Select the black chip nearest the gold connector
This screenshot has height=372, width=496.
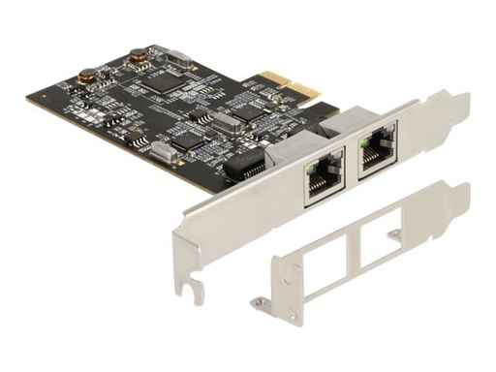point(250,113)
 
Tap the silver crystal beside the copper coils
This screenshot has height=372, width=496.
point(175,57)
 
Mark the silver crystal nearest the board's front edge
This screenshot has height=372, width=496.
point(163,150)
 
